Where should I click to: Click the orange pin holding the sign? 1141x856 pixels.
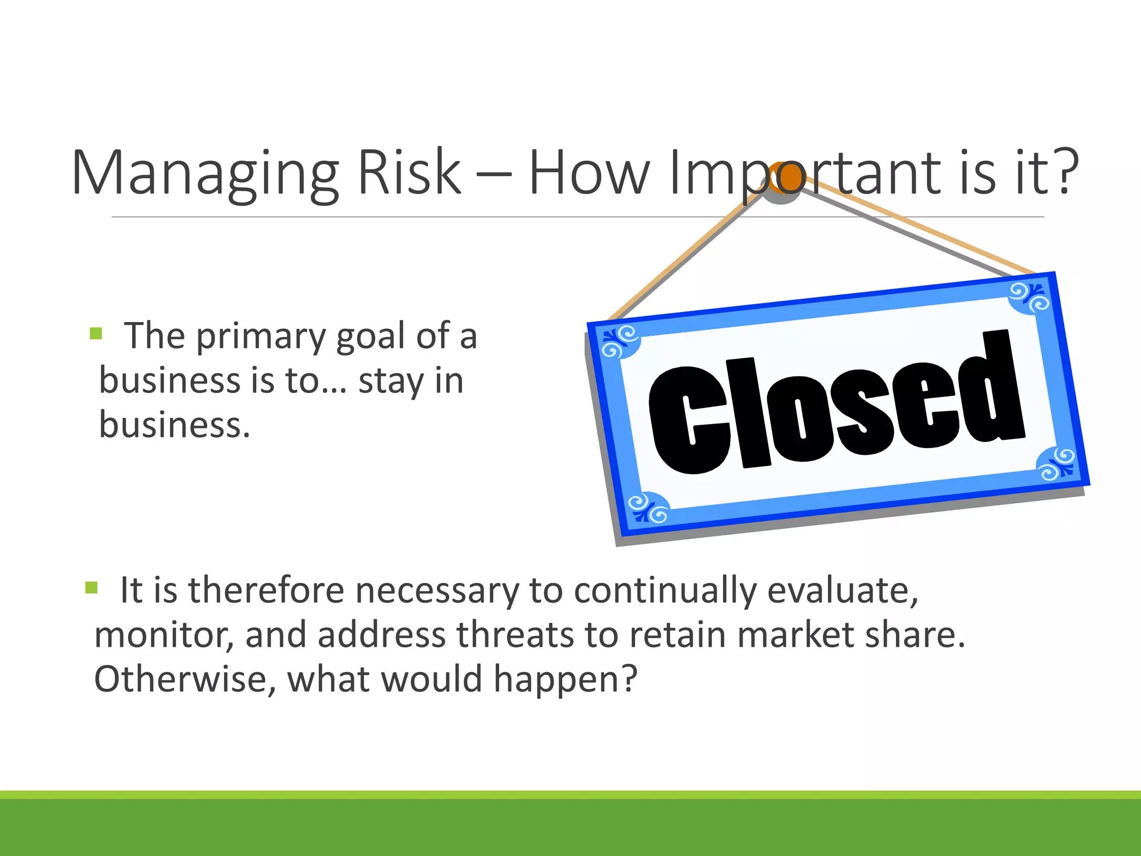pyautogui.click(x=786, y=178)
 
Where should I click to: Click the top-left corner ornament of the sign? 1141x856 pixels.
pyautogui.click(x=620, y=342)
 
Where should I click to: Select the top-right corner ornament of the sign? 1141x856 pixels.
pyautogui.click(x=1030, y=298)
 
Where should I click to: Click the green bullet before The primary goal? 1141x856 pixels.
pyautogui.click(x=96, y=334)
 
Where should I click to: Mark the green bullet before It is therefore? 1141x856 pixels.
pyautogui.click(x=92, y=587)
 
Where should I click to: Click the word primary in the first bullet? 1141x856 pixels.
pyautogui.click(x=261, y=337)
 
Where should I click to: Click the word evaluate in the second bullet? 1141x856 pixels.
pyautogui.click(x=842, y=590)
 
